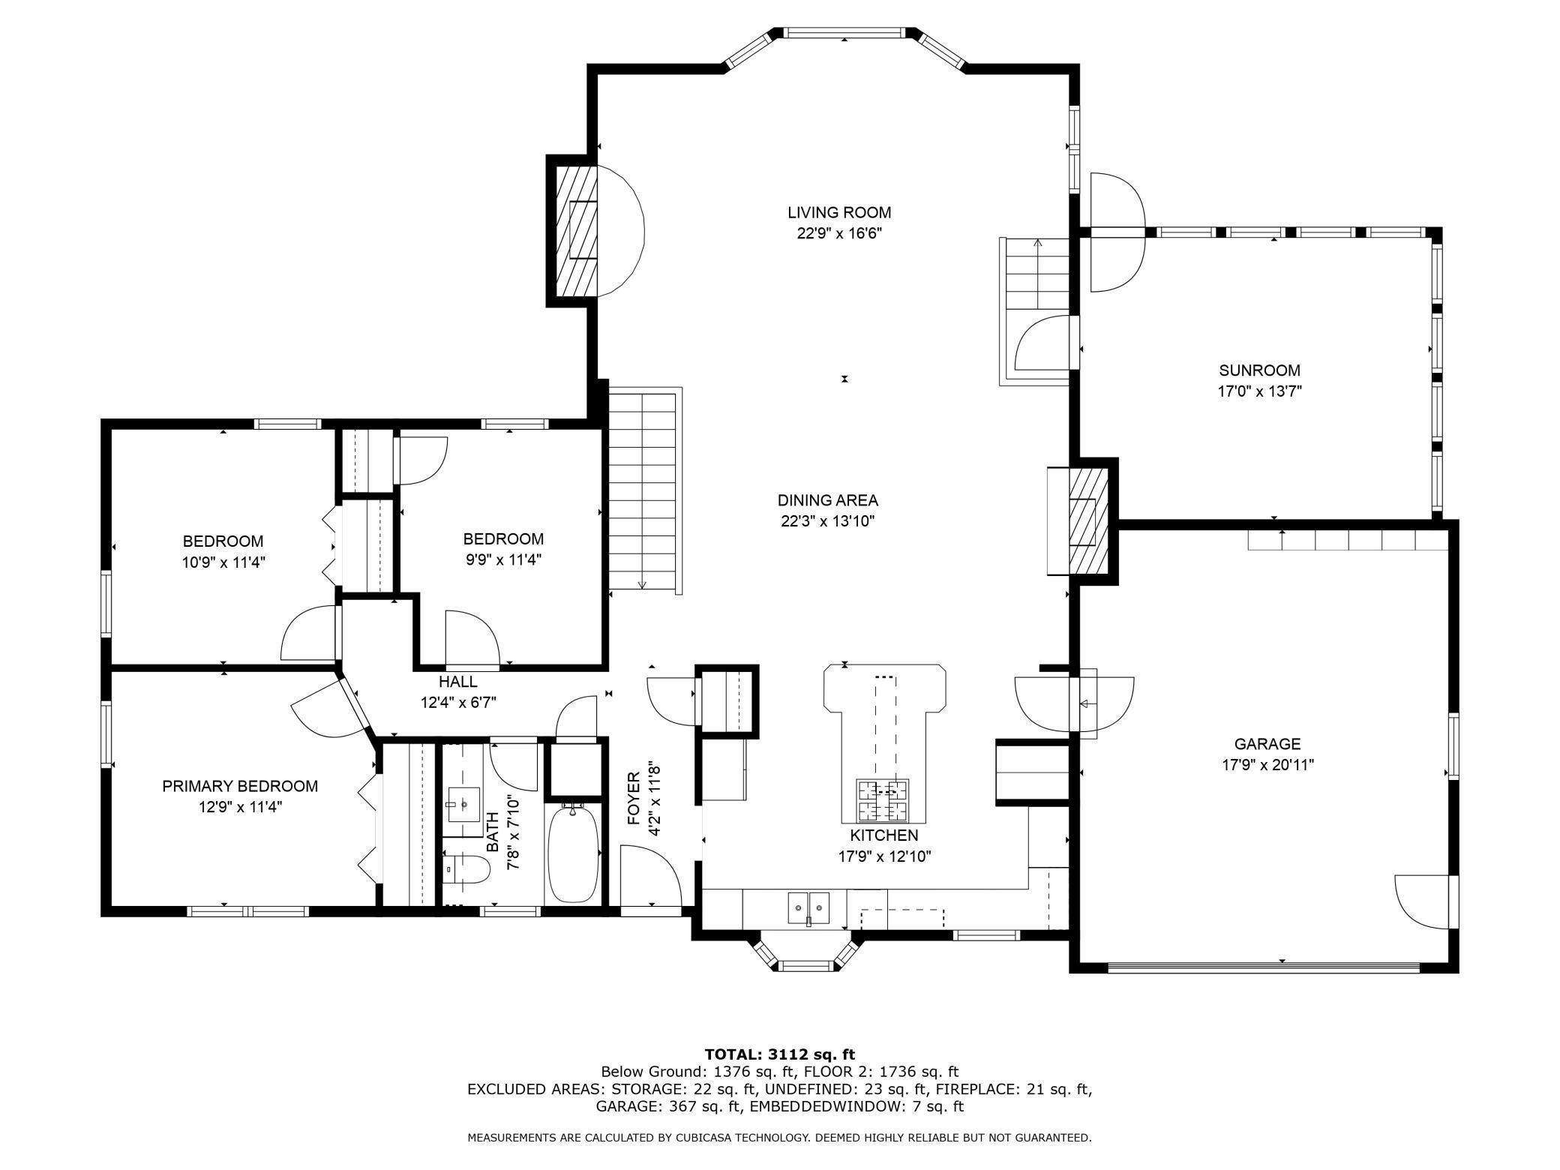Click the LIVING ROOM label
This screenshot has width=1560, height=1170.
pos(838,212)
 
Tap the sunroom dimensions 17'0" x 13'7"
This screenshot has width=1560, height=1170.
pos(1259,391)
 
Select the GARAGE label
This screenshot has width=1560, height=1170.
pos(1267,744)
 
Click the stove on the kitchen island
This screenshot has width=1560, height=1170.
pos(883,800)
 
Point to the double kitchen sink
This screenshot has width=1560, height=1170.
pos(808,907)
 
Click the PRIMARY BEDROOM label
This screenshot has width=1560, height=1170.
pos(240,786)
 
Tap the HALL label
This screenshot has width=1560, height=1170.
pos(457,682)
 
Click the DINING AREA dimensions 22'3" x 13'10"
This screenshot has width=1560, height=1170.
pos(827,521)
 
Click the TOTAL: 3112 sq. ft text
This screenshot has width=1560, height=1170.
pos(779,1054)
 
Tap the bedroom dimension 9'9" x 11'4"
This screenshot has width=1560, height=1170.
pos(502,559)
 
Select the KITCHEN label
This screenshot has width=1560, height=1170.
pos(883,835)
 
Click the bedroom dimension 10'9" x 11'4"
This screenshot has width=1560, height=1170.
pos(223,562)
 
